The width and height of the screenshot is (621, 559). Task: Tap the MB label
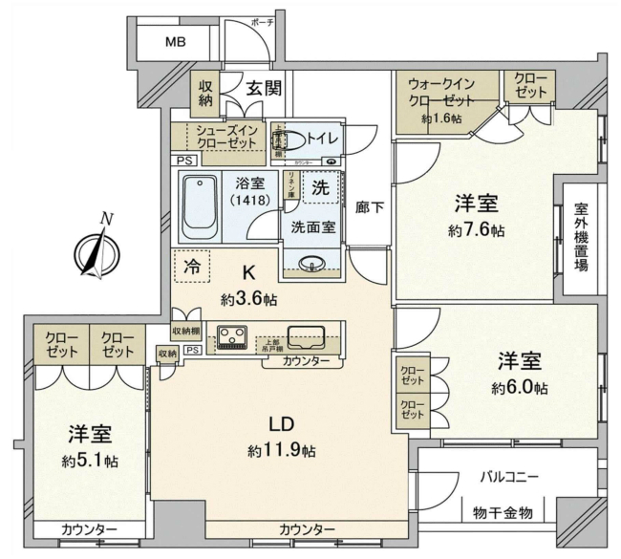(x=175, y=42)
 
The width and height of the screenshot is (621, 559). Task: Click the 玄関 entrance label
(x=263, y=89)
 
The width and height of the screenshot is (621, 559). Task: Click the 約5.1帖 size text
(x=91, y=461)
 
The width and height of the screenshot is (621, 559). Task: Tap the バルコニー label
(x=508, y=476)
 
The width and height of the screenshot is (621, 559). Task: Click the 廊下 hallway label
(x=369, y=205)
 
